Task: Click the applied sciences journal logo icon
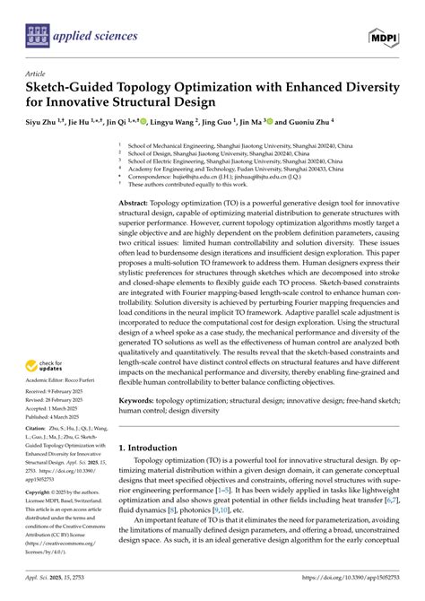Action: pyautogui.click(x=35, y=36)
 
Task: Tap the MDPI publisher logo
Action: pyautogui.click(x=386, y=35)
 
